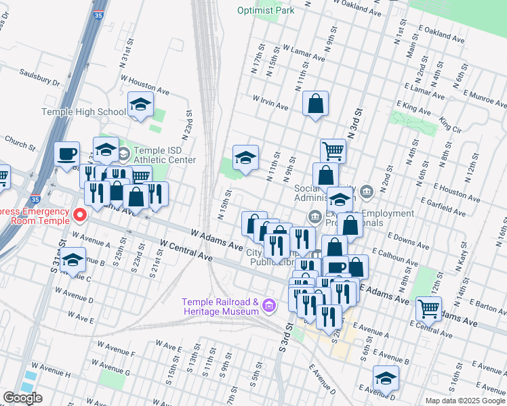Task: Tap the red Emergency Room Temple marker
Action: coord(80,215)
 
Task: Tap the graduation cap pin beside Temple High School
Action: coord(140,105)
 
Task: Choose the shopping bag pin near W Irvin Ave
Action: coord(316,104)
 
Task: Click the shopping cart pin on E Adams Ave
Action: coord(428,309)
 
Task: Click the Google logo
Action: coord(22,398)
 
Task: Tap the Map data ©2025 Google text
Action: coord(466,401)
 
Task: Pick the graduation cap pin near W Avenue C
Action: coord(73,261)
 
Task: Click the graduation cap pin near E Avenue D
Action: coord(386,379)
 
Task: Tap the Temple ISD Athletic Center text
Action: coord(165,155)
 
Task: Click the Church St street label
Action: coord(20,143)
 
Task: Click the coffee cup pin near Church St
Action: coord(67,154)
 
